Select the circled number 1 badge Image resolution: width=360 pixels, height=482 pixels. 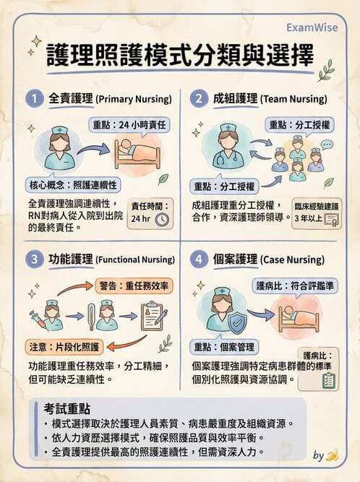pyautogui.click(x=33, y=98)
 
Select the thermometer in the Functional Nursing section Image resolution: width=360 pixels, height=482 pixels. pyautogui.click(x=90, y=315)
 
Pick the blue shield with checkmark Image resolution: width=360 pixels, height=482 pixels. pyautogui.click(x=236, y=322)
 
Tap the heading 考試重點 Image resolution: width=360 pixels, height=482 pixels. pyautogui.click(x=67, y=409)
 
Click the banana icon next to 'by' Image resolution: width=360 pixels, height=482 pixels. pyautogui.click(x=332, y=455)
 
